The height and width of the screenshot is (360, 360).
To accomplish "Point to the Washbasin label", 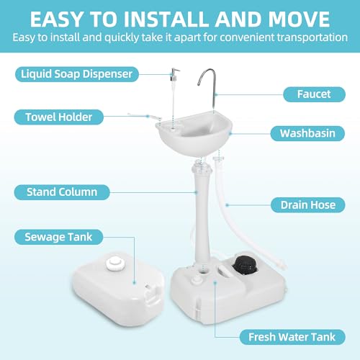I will [302, 133].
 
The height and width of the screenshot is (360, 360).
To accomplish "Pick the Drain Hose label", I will [304, 205].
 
